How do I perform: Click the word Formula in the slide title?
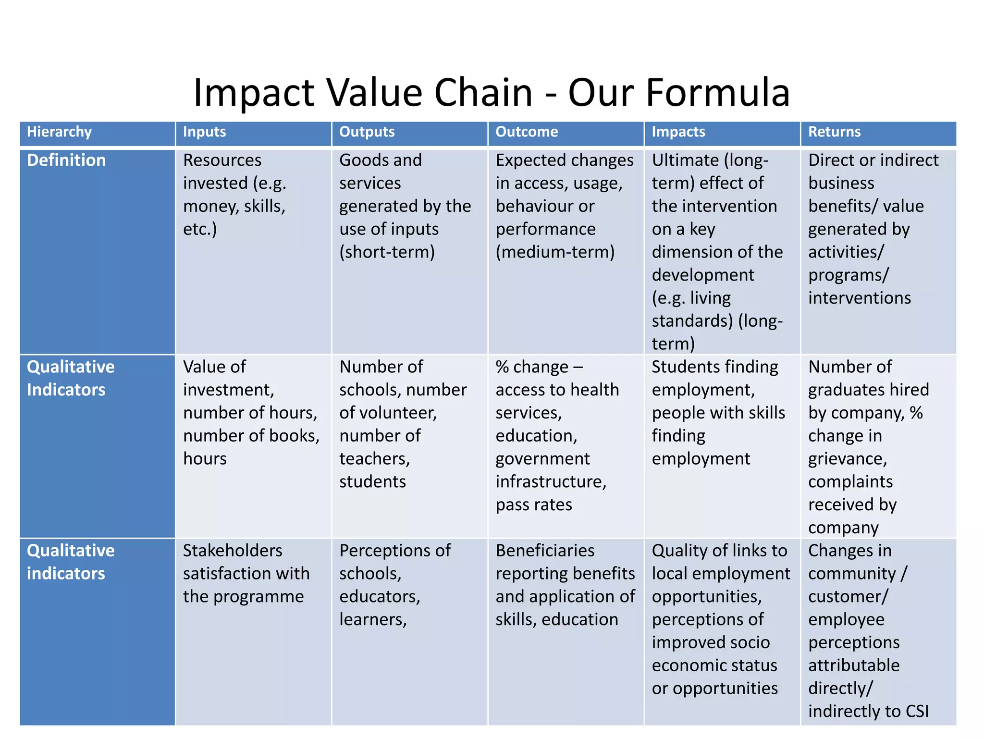[x=718, y=92]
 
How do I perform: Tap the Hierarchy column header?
[x=59, y=132]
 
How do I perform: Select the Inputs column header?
[x=204, y=132]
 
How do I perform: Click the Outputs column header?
[x=367, y=132]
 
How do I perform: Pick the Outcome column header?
[x=527, y=132]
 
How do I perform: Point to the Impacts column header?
[x=678, y=132]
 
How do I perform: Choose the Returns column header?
[x=834, y=132]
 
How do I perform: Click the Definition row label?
[x=66, y=160]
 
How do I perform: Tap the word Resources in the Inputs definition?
[x=222, y=160]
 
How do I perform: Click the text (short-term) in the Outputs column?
[x=387, y=252]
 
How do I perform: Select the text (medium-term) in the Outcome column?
[x=555, y=252]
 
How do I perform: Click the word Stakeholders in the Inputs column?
[x=233, y=551]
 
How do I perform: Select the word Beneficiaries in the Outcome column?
[x=545, y=551]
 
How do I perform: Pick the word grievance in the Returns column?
[x=847, y=459]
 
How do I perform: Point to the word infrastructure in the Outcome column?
[x=551, y=481]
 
